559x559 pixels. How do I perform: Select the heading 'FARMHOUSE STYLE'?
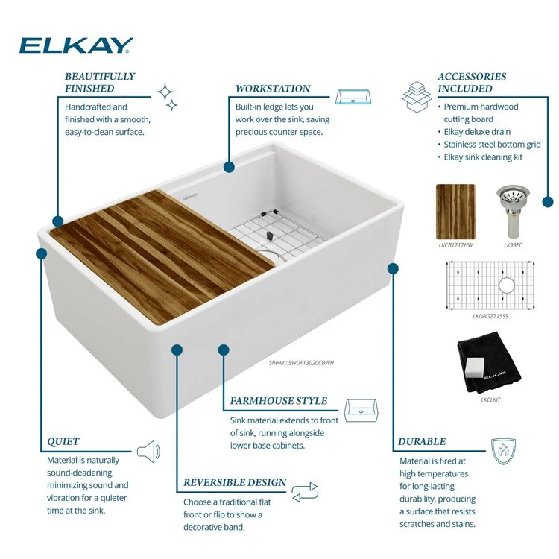pyautogui.click(x=279, y=401)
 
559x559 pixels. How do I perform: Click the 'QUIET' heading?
pyautogui.click(x=63, y=441)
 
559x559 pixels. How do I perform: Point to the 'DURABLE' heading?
pyautogui.click(x=422, y=441)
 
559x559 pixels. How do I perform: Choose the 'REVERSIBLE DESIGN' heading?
pyautogui.click(x=235, y=482)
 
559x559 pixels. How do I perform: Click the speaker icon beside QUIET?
pyautogui.click(x=148, y=451)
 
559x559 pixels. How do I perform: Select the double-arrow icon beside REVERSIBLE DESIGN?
pyautogui.click(x=304, y=492)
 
